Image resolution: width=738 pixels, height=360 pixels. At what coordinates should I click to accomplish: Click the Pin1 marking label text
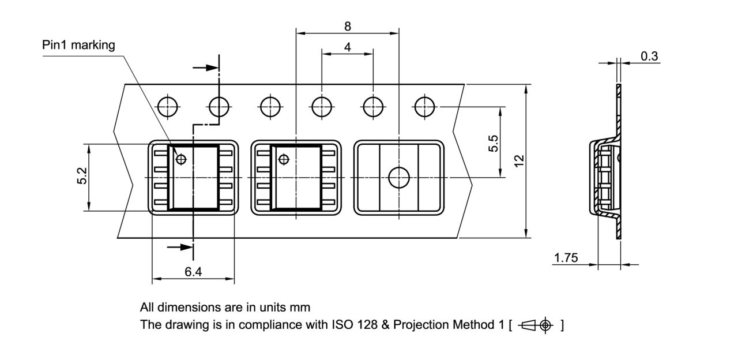pyautogui.click(x=78, y=45)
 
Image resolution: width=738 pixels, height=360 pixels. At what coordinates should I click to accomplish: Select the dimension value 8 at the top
pyautogui.click(x=347, y=26)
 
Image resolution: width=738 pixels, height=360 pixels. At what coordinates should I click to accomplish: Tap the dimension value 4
pyautogui.click(x=347, y=47)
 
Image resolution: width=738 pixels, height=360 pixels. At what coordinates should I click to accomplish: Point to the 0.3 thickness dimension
pyautogui.click(x=649, y=56)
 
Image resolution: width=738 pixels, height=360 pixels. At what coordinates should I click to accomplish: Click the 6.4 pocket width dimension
pyautogui.click(x=193, y=272)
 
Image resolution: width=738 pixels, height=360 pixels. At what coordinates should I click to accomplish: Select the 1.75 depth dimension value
pyautogui.click(x=566, y=258)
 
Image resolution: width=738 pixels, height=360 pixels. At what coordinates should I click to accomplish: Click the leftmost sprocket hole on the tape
pyautogui.click(x=168, y=107)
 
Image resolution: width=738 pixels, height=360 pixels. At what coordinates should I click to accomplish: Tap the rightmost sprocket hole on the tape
pyautogui.click(x=425, y=107)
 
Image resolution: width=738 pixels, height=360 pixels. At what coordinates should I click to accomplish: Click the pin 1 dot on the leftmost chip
pyautogui.click(x=181, y=159)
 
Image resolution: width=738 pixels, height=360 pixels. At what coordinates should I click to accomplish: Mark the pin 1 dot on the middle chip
pyautogui.click(x=283, y=159)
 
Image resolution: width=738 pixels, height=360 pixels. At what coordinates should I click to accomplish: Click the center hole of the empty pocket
pyautogui.click(x=398, y=178)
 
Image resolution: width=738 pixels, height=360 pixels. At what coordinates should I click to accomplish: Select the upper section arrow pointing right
pyautogui.click(x=205, y=67)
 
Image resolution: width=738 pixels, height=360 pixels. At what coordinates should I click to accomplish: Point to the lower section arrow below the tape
pyautogui.click(x=179, y=247)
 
